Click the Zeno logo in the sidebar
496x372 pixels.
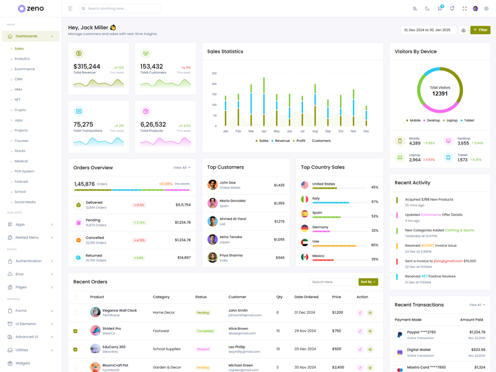[30, 9]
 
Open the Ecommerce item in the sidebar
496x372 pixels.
[25, 69]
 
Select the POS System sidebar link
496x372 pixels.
[25, 171]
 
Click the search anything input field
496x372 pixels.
[121, 9]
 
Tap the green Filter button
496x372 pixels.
[480, 30]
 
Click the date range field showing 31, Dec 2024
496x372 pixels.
[428, 30]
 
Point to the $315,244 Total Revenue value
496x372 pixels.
[87, 66]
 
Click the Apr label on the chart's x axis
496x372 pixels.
[264, 131]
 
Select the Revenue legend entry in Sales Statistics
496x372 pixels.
[282, 141]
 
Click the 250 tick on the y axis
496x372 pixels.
[214, 74]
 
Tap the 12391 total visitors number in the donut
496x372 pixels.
[440, 94]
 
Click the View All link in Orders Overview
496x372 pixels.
[182, 167]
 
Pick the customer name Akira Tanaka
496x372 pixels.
[231, 237]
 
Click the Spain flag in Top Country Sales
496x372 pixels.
[304, 213]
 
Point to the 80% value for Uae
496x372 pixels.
[374, 245]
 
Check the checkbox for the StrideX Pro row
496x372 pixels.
[76, 331]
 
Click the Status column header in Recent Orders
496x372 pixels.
[201, 297]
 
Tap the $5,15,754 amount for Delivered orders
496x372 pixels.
[183, 205]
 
